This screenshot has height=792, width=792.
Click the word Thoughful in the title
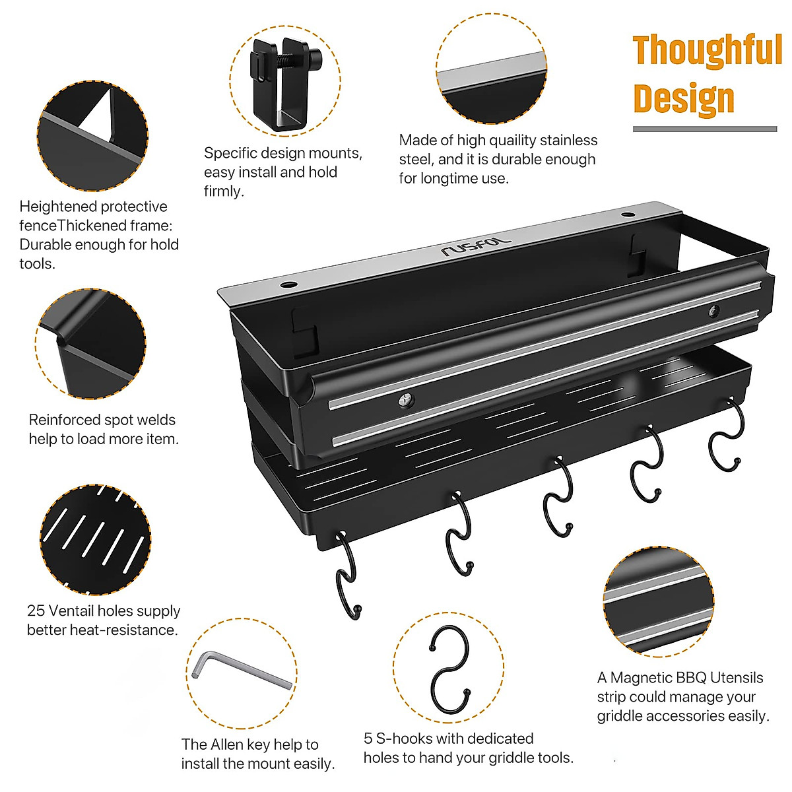707,51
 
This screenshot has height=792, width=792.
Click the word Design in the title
683,98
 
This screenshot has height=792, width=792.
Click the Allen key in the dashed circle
242,670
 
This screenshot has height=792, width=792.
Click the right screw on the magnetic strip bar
713,311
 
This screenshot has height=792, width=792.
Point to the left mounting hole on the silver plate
288,285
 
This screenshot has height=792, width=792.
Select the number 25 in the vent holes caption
36,610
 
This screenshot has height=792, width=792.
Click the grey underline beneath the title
705,129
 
